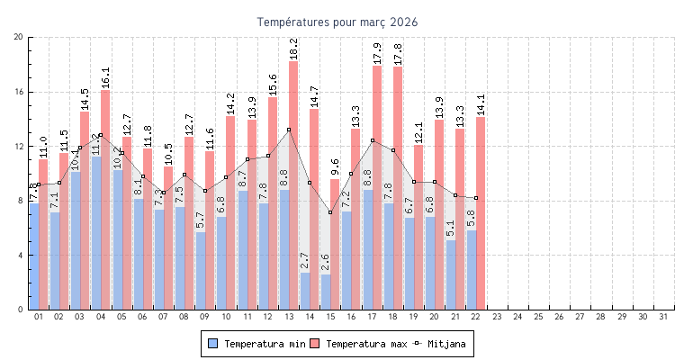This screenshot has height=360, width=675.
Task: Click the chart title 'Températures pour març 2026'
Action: click(337, 22)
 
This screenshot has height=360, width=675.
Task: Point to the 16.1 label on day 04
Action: click(105, 77)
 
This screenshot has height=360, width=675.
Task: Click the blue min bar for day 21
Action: click(451, 274)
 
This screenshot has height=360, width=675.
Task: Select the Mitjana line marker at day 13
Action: click(289, 130)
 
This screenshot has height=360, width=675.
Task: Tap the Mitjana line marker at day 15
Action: click(330, 212)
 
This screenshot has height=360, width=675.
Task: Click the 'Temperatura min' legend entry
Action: click(255, 344)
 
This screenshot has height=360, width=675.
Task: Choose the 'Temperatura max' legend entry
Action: click(357, 344)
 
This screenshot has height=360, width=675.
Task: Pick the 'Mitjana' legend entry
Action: click(441, 344)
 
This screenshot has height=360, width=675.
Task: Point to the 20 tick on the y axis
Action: click(19, 37)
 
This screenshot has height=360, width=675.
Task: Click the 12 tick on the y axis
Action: click(19, 147)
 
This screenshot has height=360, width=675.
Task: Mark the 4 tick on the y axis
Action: click(21, 256)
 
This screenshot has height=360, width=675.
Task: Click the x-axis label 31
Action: click(663, 317)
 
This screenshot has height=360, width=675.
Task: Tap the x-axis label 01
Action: click(39, 317)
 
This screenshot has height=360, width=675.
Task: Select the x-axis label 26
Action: click(559, 317)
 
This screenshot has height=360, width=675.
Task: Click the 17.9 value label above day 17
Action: click(377, 53)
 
